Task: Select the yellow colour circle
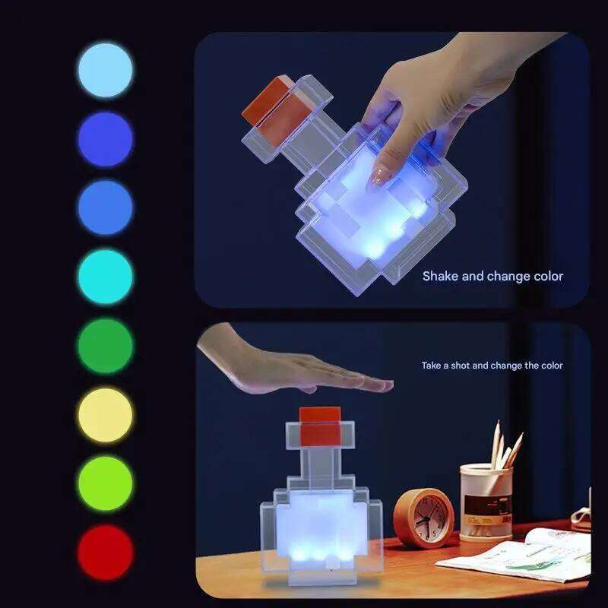coord(105,415)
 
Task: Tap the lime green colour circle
coord(105,483)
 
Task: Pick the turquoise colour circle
coord(105,277)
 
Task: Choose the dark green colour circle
coord(105,346)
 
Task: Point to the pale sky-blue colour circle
coord(105,70)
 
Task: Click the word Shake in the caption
coord(440,276)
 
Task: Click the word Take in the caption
coord(432,366)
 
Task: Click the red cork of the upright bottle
coord(319,426)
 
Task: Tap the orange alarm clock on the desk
coord(423,518)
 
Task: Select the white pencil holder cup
coord(486,502)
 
